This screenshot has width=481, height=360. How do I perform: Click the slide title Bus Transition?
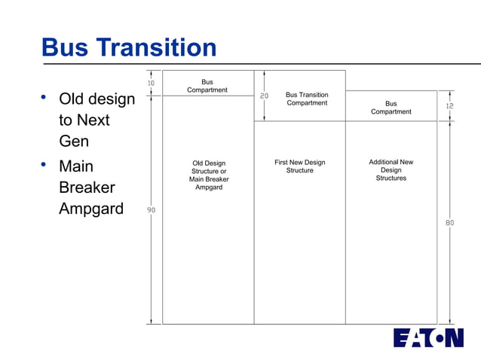tap(129, 48)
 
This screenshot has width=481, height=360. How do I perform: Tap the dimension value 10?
tap(151, 83)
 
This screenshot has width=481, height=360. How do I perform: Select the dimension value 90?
tap(151, 210)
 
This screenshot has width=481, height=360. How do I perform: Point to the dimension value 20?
tap(264, 96)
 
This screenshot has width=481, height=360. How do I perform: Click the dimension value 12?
tap(449, 106)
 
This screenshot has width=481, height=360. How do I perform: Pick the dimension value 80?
tap(449, 223)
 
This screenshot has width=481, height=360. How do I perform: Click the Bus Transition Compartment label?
tap(307, 99)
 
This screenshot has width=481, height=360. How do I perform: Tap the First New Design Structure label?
tap(299, 166)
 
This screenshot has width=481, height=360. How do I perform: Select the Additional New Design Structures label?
tap(391, 170)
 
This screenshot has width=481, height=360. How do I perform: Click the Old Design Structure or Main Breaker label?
tap(209, 175)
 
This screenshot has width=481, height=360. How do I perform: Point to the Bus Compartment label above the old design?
tap(207, 86)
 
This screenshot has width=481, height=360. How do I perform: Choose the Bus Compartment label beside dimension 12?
tap(391, 108)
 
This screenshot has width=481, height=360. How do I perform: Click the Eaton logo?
tap(428, 337)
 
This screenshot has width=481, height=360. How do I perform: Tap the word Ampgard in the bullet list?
tap(90, 208)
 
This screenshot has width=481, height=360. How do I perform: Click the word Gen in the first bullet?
tap(74, 141)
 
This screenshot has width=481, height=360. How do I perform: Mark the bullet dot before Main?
tap(44, 163)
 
